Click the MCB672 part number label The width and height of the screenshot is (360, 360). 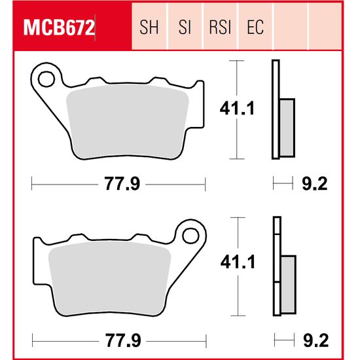pyautogui.click(x=60, y=28)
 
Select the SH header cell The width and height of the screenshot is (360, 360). pyautogui.click(x=150, y=28)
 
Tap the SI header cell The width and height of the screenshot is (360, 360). pyautogui.click(x=185, y=28)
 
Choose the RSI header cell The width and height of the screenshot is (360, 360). pyautogui.click(x=220, y=28)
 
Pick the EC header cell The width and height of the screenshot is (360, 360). pyautogui.click(x=255, y=28)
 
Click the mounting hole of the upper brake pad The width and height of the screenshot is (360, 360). pyautogui.click(x=46, y=80)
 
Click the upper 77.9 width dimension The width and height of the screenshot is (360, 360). pyautogui.click(x=120, y=185)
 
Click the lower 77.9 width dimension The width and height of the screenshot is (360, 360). pyautogui.click(x=120, y=340)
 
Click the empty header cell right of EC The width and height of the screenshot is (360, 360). pyautogui.click(x=290, y=28)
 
